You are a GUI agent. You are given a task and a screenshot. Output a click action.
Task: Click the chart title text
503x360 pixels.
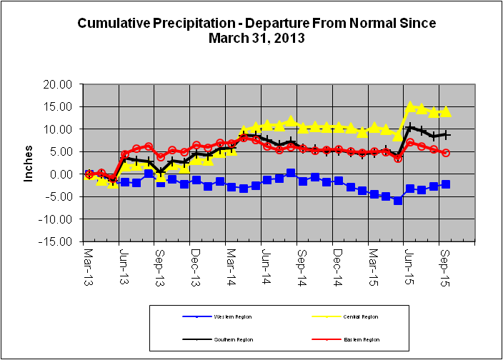coord(257,31)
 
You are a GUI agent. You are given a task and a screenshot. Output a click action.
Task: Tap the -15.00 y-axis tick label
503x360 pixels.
coord(57,241)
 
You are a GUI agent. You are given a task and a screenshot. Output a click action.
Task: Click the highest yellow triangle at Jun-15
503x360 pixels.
coord(410,106)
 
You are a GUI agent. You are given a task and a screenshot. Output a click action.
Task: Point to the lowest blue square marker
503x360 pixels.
coord(398,201)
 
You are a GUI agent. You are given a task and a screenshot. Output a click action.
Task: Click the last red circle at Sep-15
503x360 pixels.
coord(446,153)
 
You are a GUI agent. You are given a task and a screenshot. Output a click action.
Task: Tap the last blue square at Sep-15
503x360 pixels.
coord(445,184)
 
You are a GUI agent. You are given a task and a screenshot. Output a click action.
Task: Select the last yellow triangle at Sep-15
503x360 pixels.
coord(445,111)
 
